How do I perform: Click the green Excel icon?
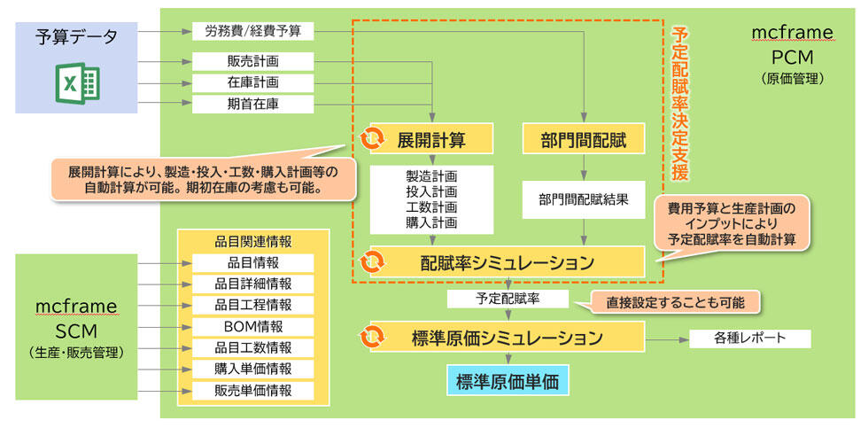tap(78, 82)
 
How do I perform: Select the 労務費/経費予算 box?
tap(252, 31)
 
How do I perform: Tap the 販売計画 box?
tap(252, 61)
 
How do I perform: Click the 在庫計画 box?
tap(252, 82)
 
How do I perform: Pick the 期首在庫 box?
tap(252, 104)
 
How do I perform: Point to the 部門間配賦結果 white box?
tap(584, 199)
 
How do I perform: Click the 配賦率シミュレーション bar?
tap(506, 262)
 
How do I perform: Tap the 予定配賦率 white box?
tap(508, 299)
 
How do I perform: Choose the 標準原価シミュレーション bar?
tap(506, 338)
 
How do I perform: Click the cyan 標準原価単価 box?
tap(508, 381)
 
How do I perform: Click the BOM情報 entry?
tap(252, 326)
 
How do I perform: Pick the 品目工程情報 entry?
tap(252, 305)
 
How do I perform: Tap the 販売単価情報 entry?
tap(252, 390)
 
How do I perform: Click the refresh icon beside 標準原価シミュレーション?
tap(373, 338)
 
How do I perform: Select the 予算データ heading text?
tap(76, 36)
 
